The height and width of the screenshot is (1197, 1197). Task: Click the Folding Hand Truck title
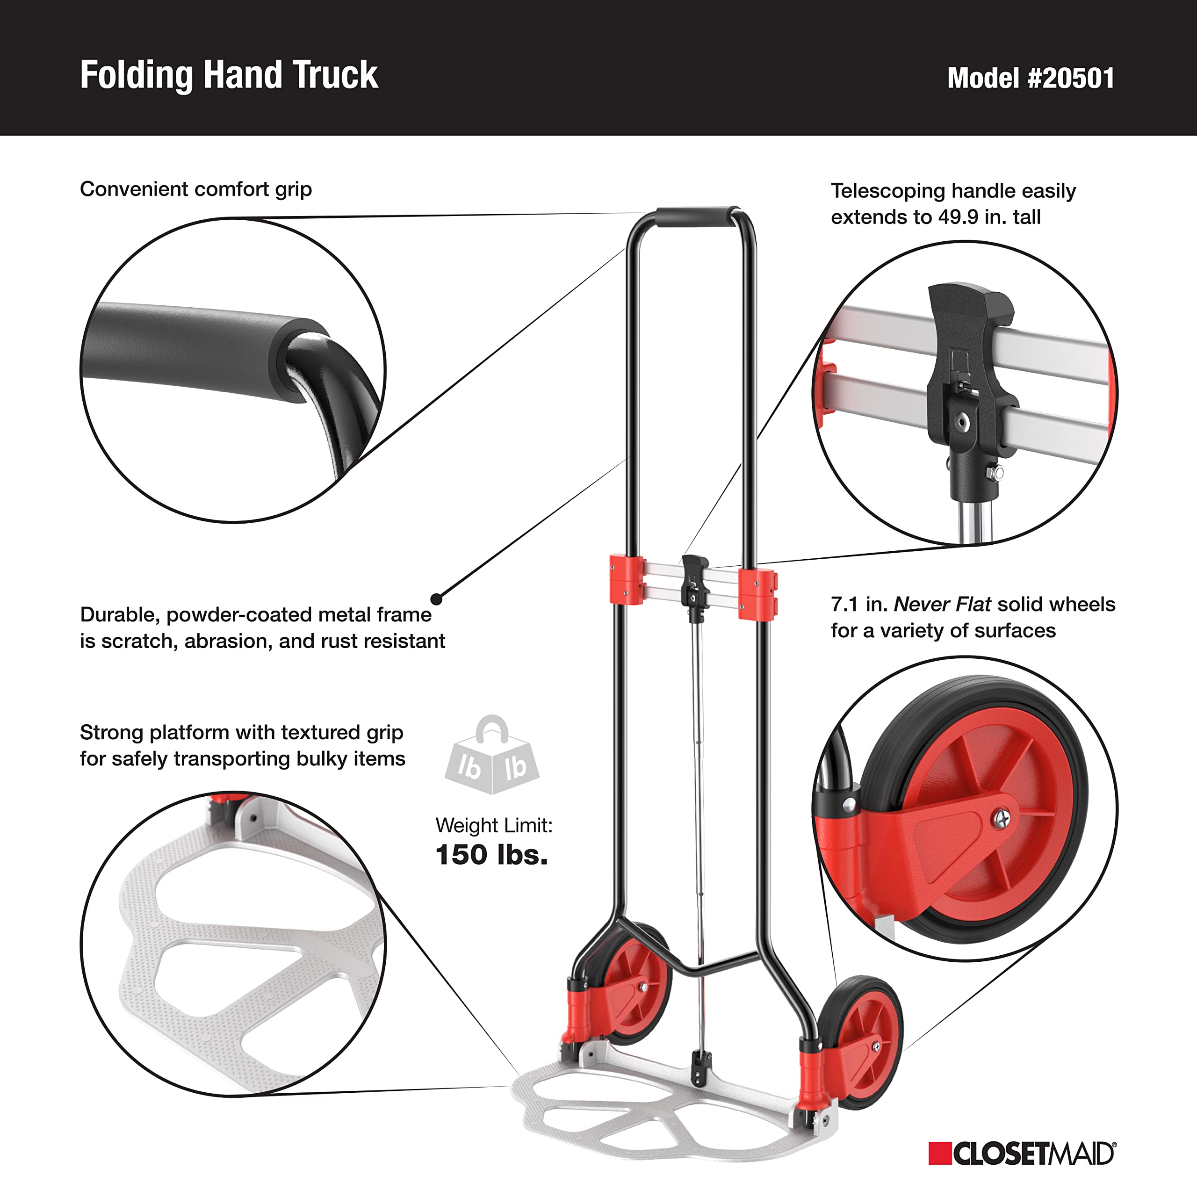(x=229, y=76)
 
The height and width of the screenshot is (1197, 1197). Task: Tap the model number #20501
(x=1031, y=79)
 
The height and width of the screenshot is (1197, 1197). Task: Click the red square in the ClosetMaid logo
(x=939, y=1153)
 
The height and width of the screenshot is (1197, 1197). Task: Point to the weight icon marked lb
(x=492, y=757)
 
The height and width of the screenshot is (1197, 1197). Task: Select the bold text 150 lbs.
(x=491, y=855)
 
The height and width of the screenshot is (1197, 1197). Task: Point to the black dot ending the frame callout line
(x=437, y=599)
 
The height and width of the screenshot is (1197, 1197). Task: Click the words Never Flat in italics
(x=942, y=604)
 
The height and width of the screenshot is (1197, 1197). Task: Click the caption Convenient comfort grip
(x=196, y=189)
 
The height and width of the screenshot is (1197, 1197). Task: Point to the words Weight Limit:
(x=493, y=825)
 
